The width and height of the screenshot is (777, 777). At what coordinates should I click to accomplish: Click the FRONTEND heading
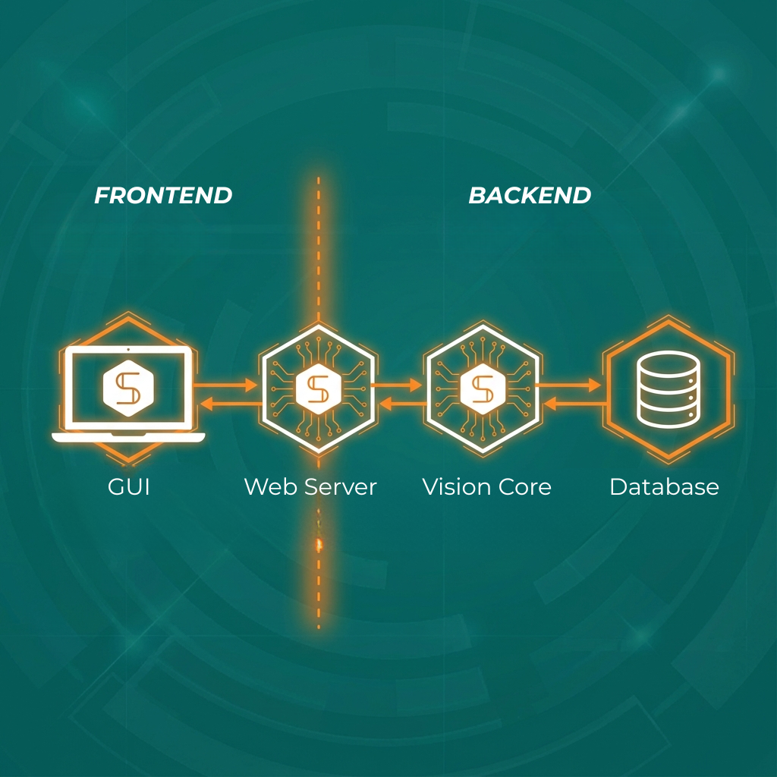[163, 195]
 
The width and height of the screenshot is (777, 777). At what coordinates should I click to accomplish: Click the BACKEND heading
[530, 195]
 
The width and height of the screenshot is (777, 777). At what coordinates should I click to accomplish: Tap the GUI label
[129, 486]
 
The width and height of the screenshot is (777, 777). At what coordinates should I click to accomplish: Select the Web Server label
[310, 486]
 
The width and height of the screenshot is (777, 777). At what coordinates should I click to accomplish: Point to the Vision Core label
[486, 486]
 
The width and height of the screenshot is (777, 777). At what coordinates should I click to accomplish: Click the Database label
[664, 486]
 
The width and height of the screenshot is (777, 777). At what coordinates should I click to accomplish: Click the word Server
[341, 486]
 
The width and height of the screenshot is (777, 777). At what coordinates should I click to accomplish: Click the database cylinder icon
[668, 389]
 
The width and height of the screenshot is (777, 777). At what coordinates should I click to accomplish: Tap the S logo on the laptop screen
[128, 388]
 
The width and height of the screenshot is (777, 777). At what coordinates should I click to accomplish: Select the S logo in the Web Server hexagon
[318, 389]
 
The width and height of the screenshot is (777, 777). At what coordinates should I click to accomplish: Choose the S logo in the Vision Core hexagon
[483, 389]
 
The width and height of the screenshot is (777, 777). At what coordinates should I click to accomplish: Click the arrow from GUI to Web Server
[225, 385]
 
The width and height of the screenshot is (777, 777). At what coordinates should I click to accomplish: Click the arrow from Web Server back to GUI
[231, 404]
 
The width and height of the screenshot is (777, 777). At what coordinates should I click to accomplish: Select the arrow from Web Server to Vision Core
[396, 385]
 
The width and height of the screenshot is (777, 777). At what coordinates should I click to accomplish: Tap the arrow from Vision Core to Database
[568, 385]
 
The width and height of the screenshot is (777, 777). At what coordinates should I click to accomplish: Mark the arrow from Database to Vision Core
[575, 404]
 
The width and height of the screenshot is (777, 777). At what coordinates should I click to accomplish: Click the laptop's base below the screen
[128, 438]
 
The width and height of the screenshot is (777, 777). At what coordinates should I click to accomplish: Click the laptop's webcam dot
[128, 349]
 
